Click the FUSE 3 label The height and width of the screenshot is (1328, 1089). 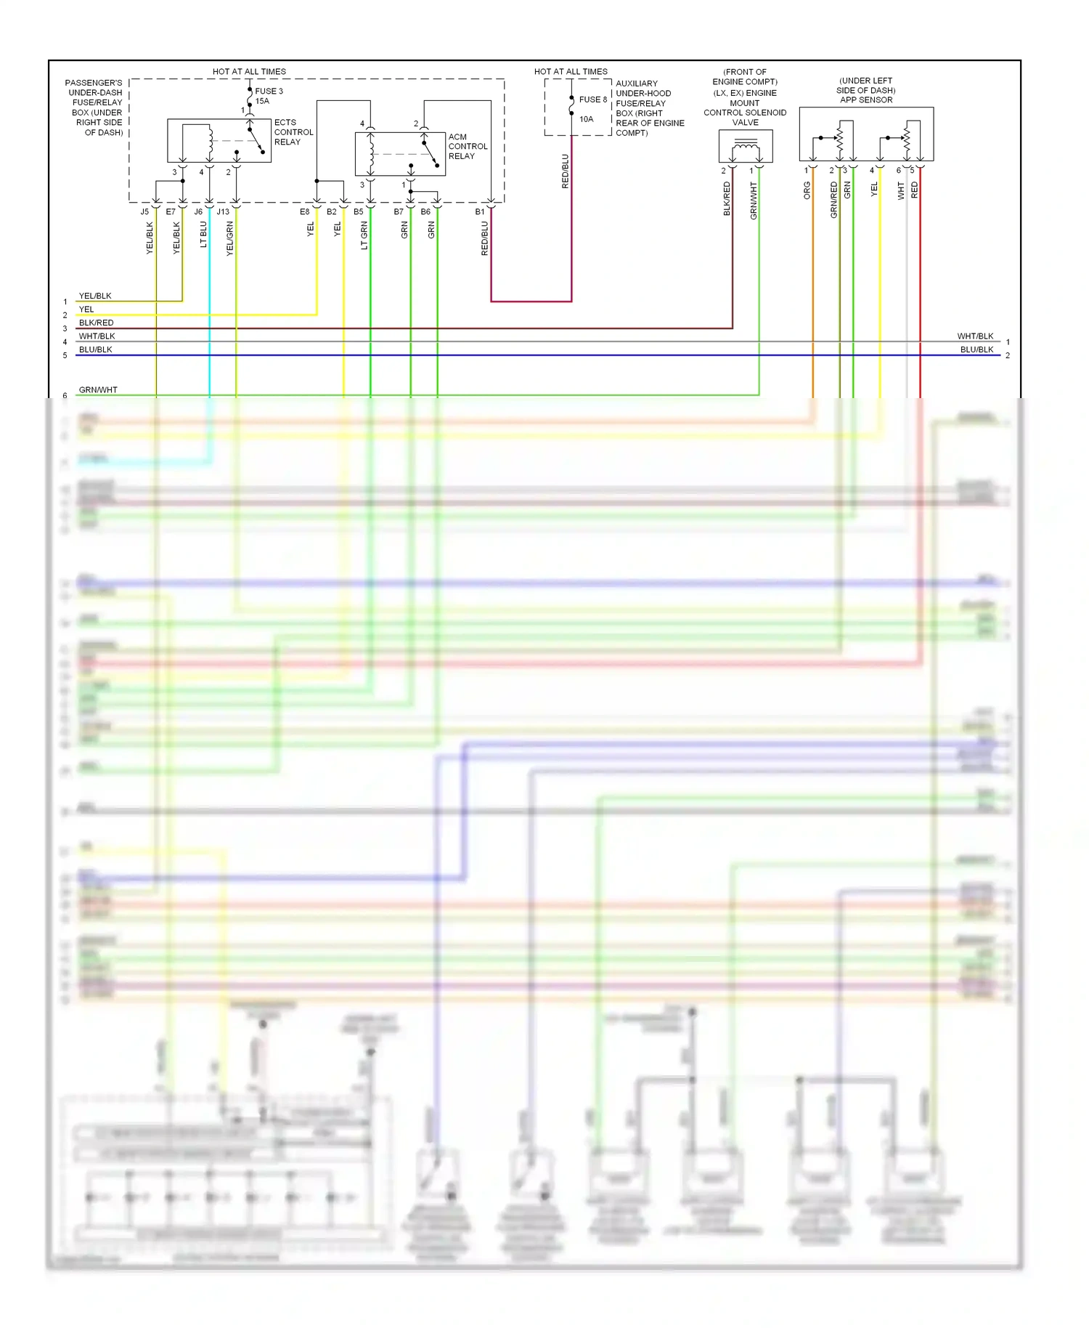click(269, 92)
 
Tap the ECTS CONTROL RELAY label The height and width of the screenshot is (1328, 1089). click(293, 132)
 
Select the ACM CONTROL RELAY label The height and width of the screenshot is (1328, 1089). click(468, 146)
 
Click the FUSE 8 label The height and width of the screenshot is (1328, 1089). click(592, 100)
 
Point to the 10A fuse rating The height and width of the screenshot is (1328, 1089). click(586, 119)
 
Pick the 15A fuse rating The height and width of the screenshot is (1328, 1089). click(262, 102)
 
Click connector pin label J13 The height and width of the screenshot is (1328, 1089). click(223, 212)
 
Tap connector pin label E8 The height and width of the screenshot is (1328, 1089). click(304, 212)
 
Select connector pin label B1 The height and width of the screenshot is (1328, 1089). click(480, 212)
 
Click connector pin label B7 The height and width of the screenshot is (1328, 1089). click(399, 212)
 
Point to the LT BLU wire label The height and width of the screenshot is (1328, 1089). click(204, 235)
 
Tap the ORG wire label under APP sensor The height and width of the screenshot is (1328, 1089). click(807, 190)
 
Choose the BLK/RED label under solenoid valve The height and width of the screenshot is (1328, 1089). click(727, 199)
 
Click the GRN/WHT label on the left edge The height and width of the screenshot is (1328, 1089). click(98, 390)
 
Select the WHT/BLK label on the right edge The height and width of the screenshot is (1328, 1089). click(974, 336)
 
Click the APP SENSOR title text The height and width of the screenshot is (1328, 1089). click(866, 100)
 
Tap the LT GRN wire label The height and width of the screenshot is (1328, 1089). click(364, 236)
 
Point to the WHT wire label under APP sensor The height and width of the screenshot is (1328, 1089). click(901, 190)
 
